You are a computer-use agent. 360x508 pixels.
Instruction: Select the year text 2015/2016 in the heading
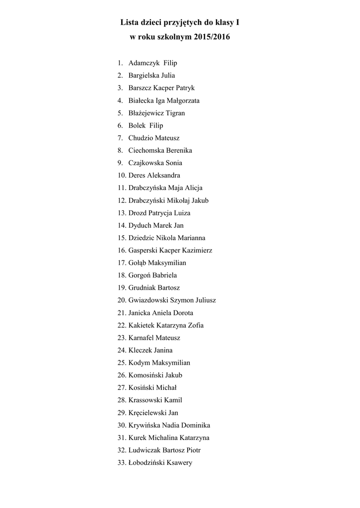tap(209, 37)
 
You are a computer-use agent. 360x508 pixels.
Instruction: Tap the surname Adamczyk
tap(144, 63)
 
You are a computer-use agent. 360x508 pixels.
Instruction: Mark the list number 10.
tap(122, 175)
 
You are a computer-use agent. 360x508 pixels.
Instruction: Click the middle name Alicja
tap(193, 188)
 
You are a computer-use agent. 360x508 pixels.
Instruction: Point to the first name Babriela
tap(164, 275)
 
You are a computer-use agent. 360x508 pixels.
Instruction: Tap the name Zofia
tap(195, 325)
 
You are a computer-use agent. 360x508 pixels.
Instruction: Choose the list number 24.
tap(122, 350)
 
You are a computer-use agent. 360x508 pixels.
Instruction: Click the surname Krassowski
tap(145, 400)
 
